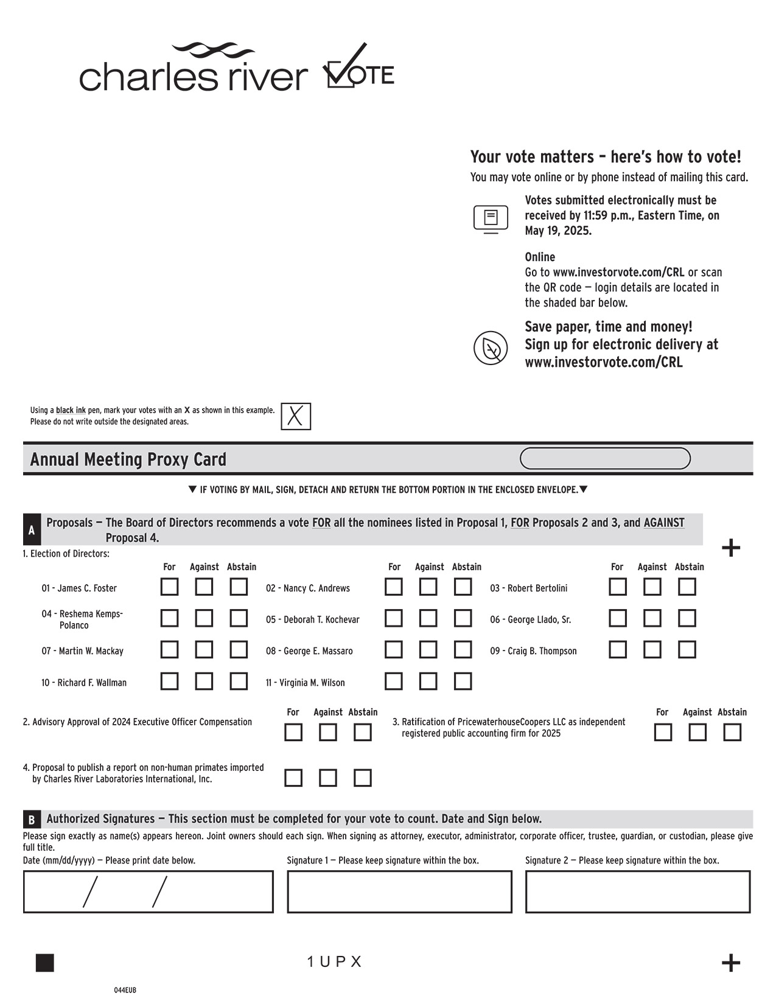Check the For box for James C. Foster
(169, 587)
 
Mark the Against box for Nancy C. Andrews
(428, 587)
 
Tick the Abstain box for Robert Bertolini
(687, 587)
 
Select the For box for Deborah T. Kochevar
(394, 619)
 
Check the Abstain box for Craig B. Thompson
(687, 650)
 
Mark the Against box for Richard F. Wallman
(204, 682)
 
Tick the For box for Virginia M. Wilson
(394, 682)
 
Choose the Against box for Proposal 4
(328, 778)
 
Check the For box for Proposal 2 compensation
(293, 733)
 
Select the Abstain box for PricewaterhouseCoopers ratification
(732, 733)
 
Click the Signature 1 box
(399, 892)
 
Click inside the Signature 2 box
(638, 892)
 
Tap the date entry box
(149, 892)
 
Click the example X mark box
(296, 417)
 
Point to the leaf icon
(491, 348)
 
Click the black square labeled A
(32, 531)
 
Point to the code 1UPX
(334, 962)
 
